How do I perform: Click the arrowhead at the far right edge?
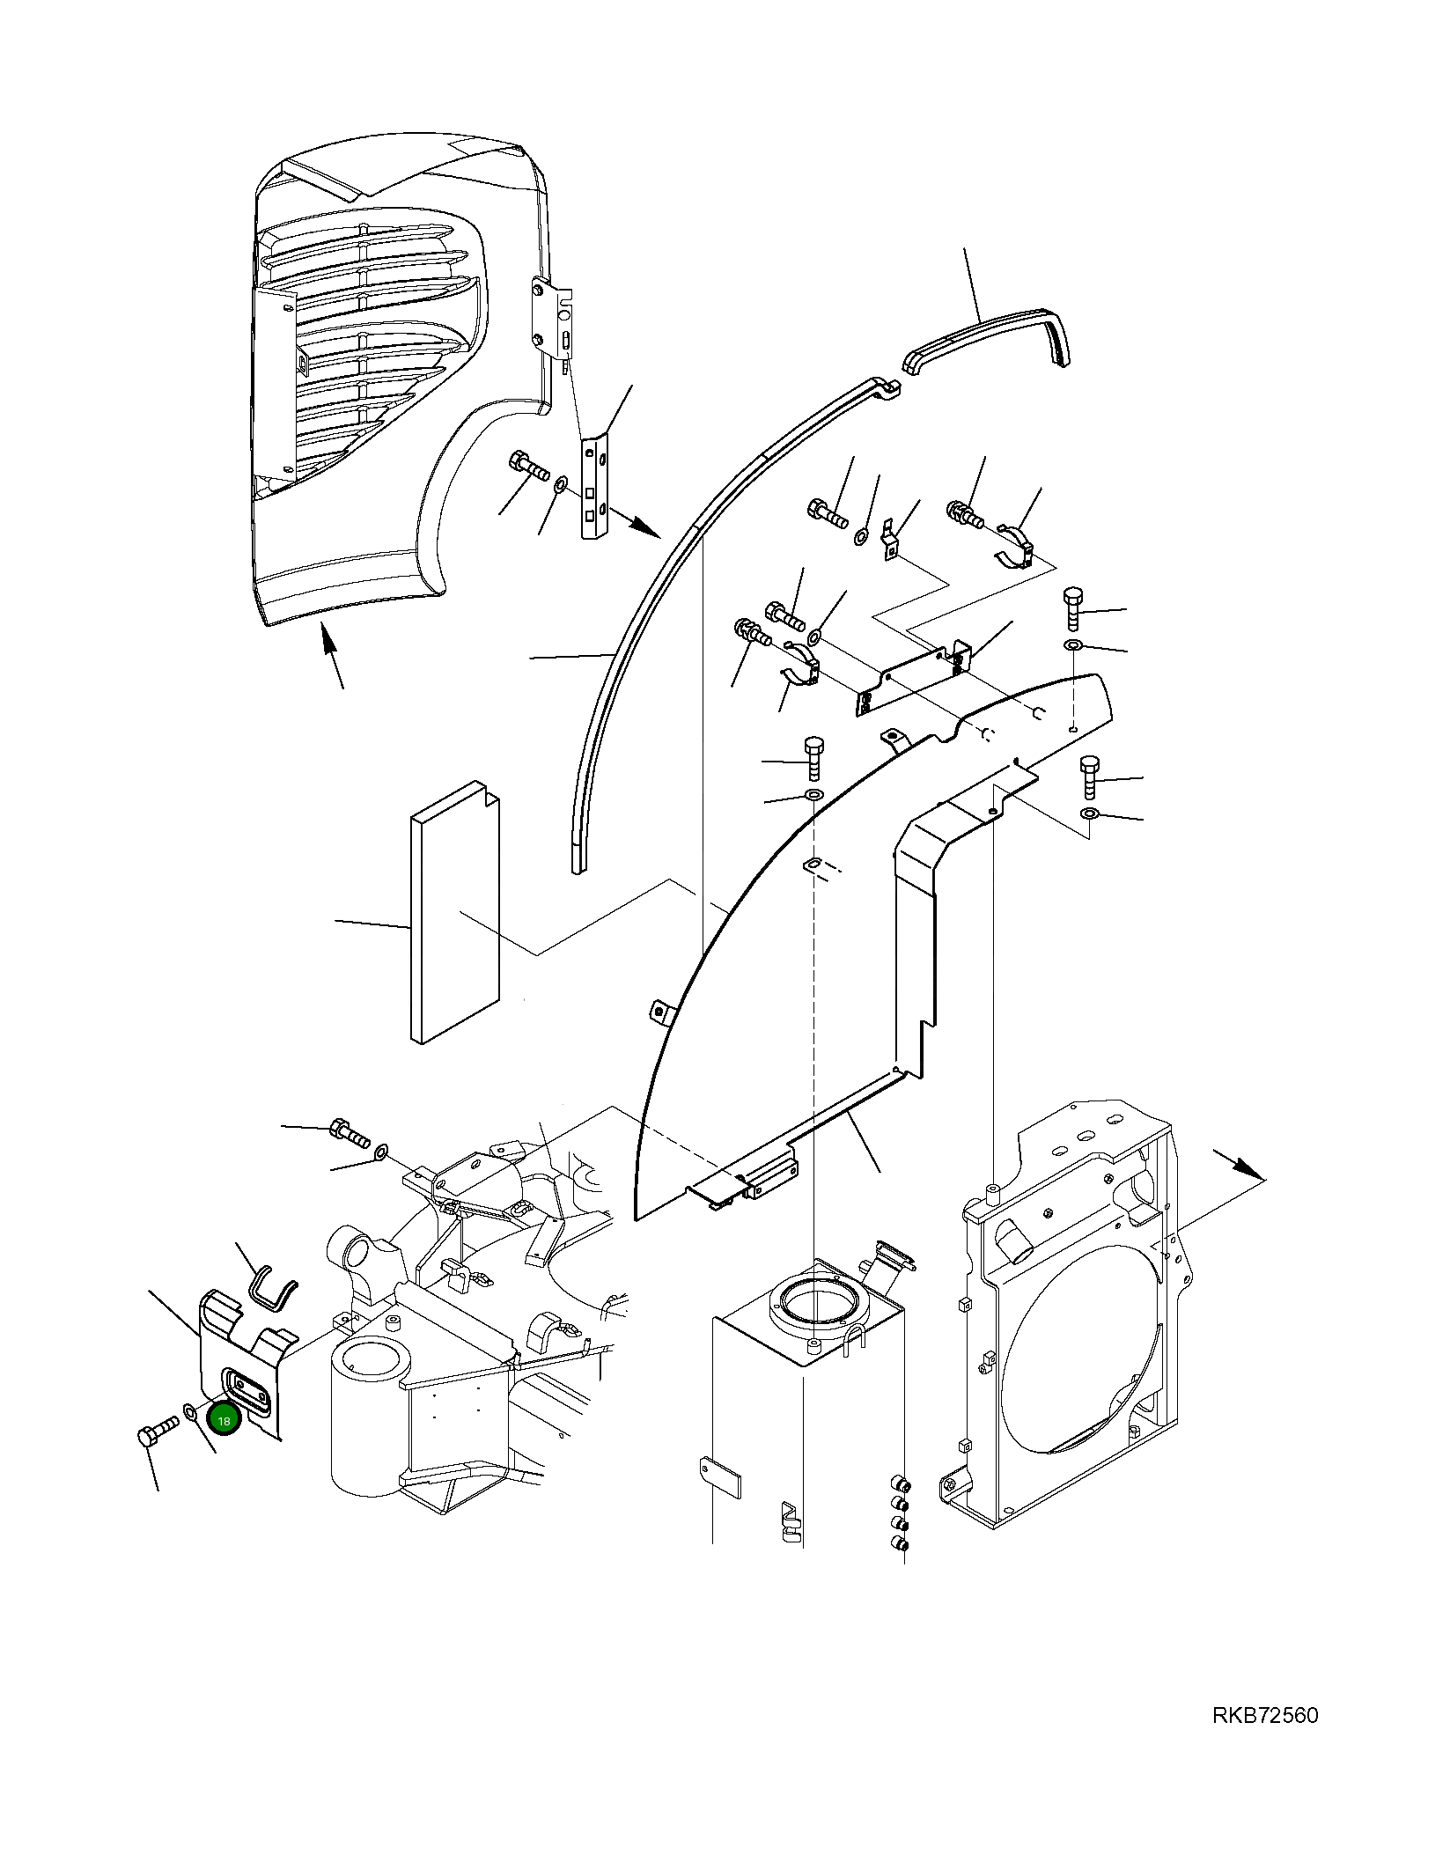1248,1167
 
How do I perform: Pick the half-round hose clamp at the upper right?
1016,545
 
